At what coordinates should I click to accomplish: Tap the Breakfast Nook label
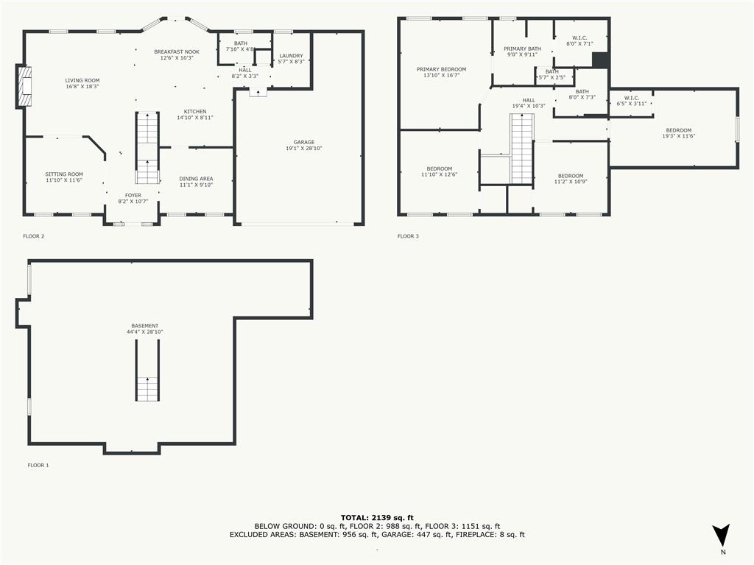(x=177, y=51)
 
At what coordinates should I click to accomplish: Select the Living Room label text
(x=82, y=80)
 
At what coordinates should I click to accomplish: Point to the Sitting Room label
(x=64, y=174)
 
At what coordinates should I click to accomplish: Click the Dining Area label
(x=196, y=178)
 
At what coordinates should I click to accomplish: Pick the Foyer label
(x=133, y=195)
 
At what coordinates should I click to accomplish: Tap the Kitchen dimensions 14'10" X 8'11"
(x=195, y=118)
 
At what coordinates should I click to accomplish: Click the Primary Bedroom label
(x=441, y=69)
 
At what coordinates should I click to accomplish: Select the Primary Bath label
(x=522, y=49)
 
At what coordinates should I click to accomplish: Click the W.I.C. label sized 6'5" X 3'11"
(x=631, y=97)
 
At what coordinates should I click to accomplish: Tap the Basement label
(x=144, y=326)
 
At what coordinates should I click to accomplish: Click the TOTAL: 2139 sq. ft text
(x=376, y=518)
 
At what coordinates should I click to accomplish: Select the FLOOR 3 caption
(x=408, y=236)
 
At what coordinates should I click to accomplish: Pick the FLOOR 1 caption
(x=38, y=465)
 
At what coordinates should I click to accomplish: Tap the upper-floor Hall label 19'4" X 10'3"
(x=528, y=100)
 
